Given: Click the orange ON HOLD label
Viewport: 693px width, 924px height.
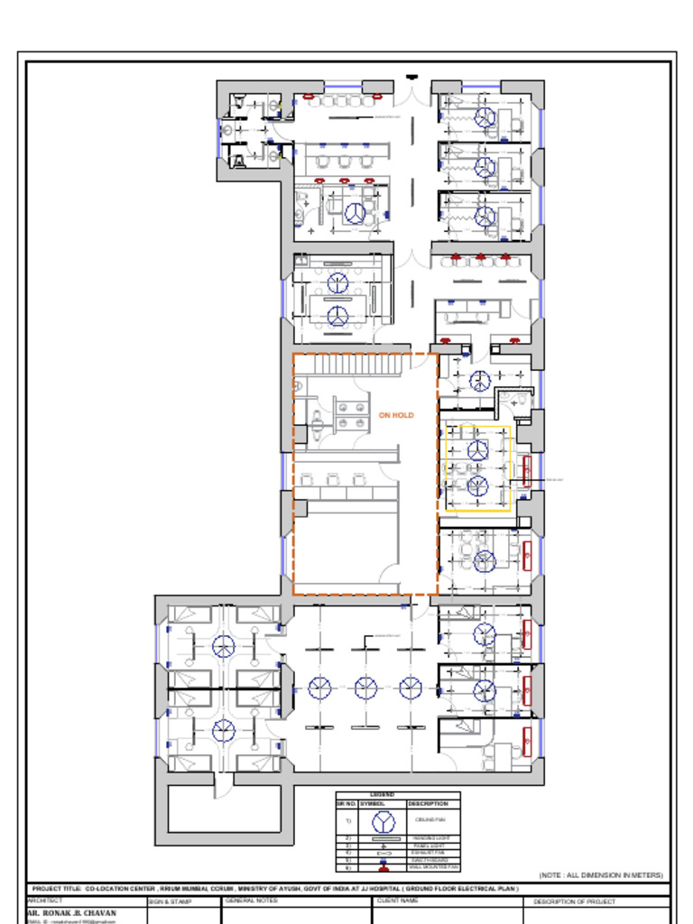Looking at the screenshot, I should coord(396,415).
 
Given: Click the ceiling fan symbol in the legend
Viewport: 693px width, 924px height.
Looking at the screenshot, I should coord(383,821).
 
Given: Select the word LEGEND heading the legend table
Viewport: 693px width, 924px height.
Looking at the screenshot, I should coord(382,795).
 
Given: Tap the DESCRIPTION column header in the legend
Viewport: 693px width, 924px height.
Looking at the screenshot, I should coord(428,803).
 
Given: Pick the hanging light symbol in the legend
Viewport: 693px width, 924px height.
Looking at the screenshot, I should coord(383,838).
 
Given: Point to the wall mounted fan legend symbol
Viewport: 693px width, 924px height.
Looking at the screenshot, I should coord(383,867).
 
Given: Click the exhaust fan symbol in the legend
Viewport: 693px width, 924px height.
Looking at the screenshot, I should coord(383,853).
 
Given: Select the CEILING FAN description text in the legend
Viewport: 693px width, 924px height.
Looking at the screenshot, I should coord(427,820).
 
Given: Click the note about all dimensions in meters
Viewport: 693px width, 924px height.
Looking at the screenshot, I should coord(600,875).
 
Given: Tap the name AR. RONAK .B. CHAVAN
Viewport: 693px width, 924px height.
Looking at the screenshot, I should coord(72,912).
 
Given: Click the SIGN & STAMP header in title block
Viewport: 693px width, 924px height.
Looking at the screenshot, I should coord(170,901).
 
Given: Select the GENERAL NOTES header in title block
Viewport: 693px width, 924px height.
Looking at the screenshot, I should coord(252,901).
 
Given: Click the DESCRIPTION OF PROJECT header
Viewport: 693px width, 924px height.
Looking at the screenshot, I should coord(575,901).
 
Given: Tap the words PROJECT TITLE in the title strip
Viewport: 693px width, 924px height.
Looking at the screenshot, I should coord(57,889).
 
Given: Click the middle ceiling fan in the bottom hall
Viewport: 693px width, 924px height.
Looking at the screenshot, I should coord(365,688).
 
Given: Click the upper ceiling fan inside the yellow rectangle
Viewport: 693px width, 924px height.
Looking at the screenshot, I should coord(478,450).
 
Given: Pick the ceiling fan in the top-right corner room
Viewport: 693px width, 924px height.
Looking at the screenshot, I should coord(485,117).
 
